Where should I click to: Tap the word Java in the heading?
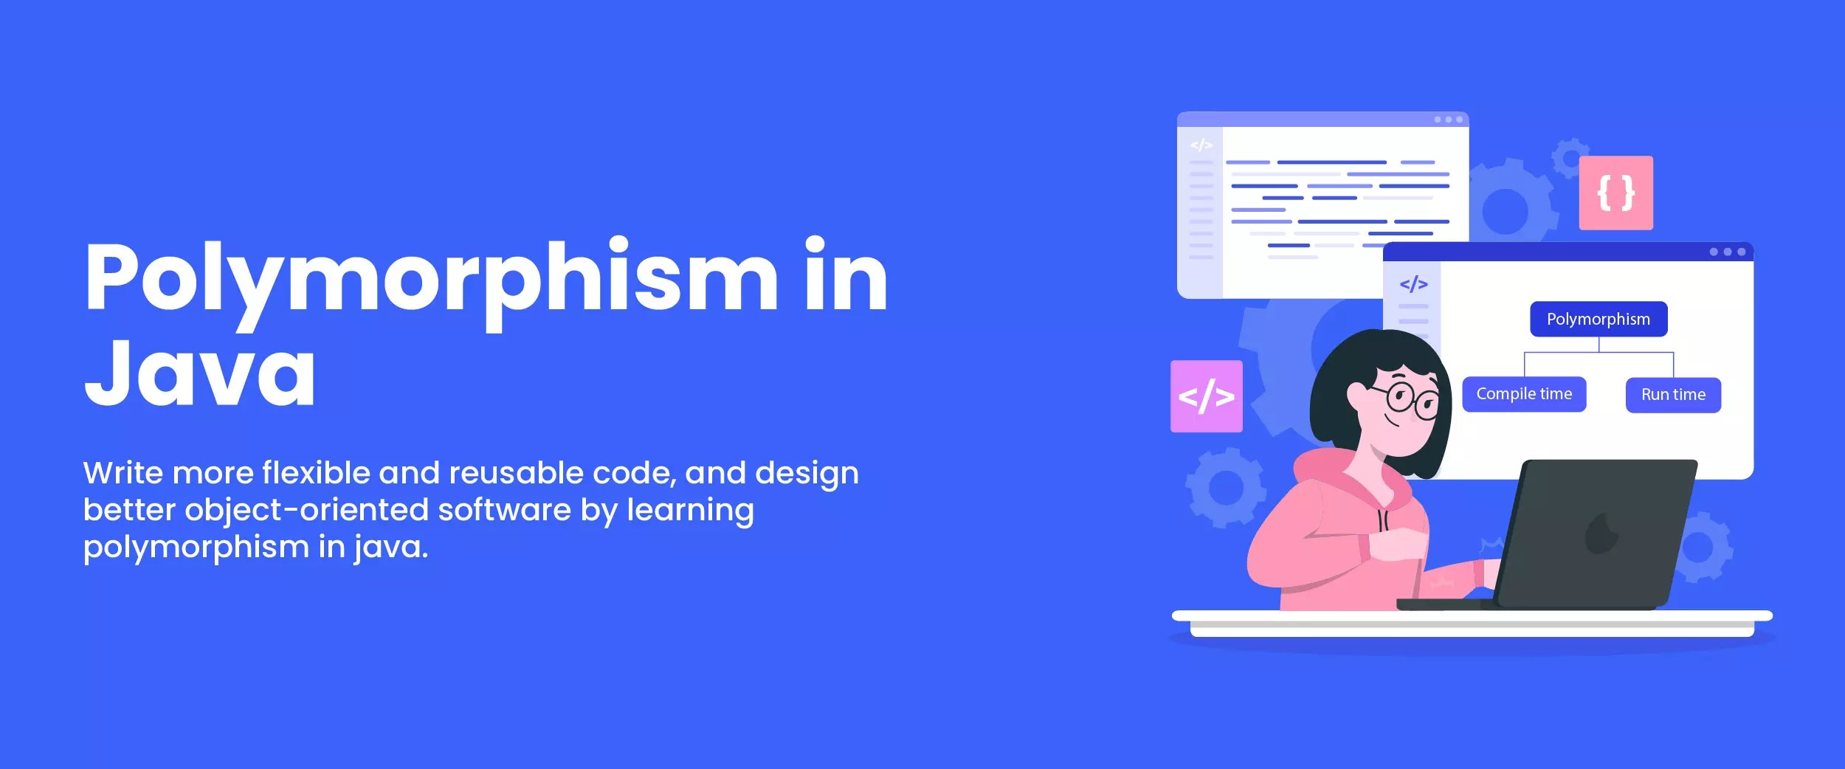(x=200, y=372)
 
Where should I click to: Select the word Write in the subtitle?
(x=123, y=473)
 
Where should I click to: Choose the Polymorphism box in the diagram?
(x=1598, y=319)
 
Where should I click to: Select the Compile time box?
(x=1523, y=394)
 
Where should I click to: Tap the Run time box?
(x=1673, y=395)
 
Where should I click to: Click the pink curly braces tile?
(x=1615, y=193)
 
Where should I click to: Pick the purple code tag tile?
(x=1206, y=396)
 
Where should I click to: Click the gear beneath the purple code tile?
(x=1225, y=487)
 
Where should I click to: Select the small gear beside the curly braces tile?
(x=1569, y=156)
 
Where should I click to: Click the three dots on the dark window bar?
(x=1727, y=252)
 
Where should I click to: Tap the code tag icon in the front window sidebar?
(x=1413, y=284)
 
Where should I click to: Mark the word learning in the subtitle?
(x=690, y=510)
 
